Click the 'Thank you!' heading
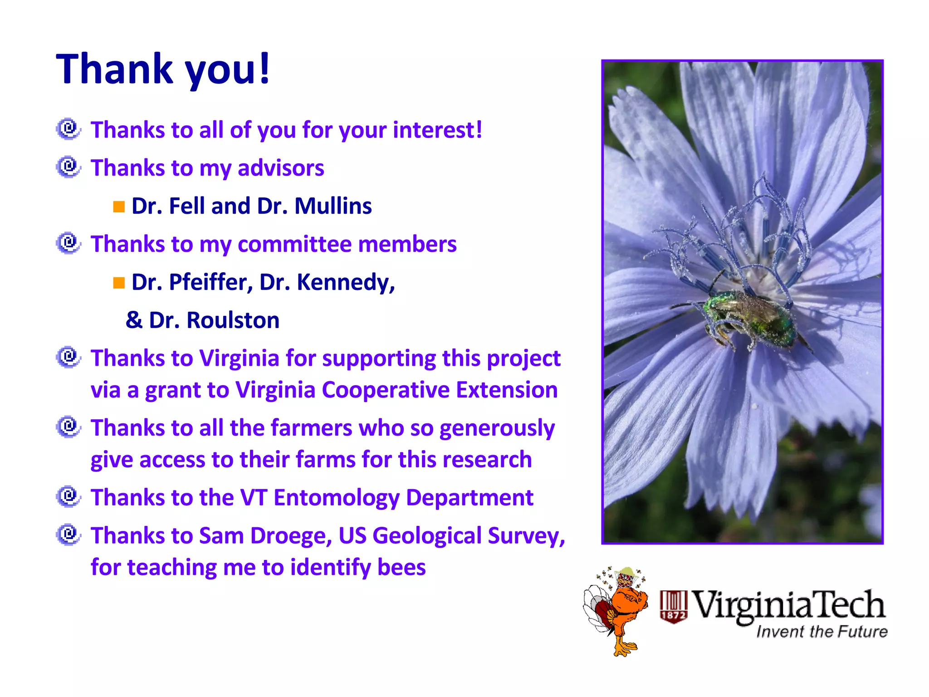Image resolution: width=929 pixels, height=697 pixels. point(163,69)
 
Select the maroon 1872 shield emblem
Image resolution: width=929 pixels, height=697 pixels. point(674,607)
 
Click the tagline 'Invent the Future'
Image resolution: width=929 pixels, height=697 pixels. point(821,632)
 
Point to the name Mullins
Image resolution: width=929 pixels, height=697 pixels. point(333,206)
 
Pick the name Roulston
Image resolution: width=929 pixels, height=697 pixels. point(233,320)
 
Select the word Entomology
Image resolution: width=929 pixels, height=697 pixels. point(336,498)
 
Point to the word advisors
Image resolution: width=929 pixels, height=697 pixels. point(281,168)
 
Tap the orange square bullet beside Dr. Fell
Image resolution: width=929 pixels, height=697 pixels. point(119,207)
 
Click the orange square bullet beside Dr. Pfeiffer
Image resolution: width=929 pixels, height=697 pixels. point(119,283)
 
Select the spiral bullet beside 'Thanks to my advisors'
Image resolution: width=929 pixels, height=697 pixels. point(68,167)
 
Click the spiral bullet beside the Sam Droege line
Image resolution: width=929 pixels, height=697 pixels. point(68,535)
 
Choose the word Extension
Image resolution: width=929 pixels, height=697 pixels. point(507,390)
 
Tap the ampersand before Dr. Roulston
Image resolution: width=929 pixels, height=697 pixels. point(134,320)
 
